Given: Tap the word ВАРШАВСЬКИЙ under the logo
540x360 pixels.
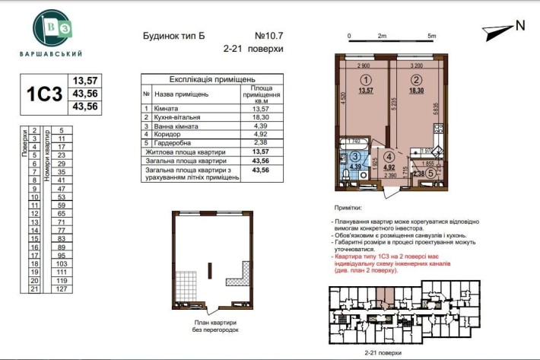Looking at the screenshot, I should pos(52,54).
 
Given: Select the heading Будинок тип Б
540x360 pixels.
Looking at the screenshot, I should pos(175,35).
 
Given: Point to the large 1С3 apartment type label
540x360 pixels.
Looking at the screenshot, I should pos(43,94).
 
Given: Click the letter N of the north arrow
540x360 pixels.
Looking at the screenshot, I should pos(520,25).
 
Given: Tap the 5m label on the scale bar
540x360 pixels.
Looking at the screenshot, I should pos(431,36).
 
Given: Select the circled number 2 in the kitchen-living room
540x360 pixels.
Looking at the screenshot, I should pos(416,79).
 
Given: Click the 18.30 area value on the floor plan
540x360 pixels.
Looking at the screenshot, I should pos(416,90).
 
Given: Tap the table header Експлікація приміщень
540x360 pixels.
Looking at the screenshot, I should pos(211,78).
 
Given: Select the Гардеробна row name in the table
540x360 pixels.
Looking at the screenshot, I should pos(174,142).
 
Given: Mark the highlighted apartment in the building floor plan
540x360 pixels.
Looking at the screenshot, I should pos(387,292).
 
